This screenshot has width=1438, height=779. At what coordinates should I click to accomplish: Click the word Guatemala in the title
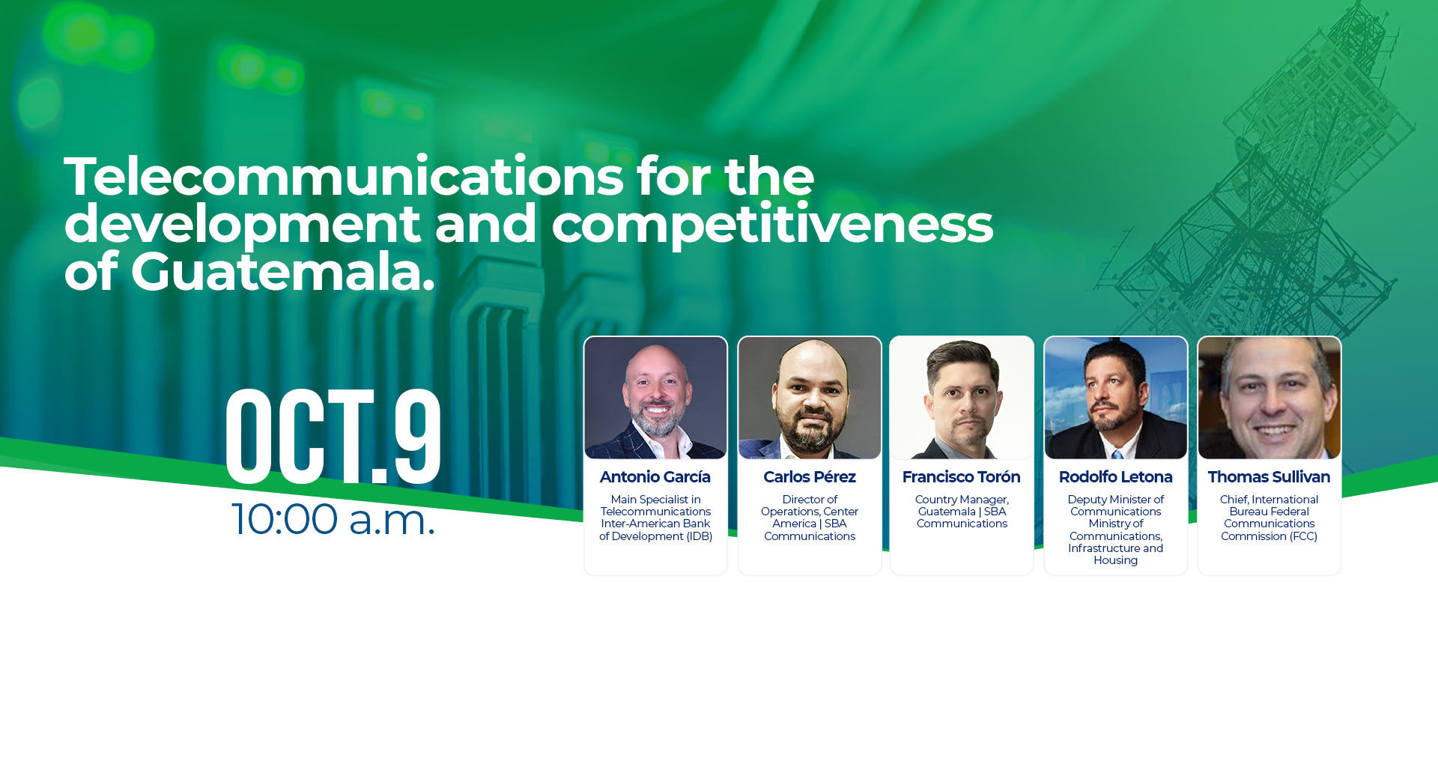[x=282, y=271]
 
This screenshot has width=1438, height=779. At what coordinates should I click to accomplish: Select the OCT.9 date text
[x=333, y=436]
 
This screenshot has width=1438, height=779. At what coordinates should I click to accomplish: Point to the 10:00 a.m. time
[x=333, y=518]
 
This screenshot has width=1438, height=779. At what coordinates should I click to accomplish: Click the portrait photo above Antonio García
[x=655, y=398]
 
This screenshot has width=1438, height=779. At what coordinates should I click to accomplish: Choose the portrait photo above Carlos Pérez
[x=810, y=398]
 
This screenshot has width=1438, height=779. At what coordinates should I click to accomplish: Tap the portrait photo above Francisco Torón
[x=962, y=398]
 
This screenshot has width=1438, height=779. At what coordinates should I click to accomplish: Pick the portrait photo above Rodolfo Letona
[x=1116, y=398]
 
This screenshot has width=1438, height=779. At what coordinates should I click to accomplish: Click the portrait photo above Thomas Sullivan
[x=1269, y=398]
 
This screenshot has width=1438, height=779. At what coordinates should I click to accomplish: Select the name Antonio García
[x=655, y=477]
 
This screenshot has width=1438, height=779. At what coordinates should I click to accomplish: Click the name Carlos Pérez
[x=810, y=477]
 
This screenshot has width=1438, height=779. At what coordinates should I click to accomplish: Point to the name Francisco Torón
[x=962, y=477]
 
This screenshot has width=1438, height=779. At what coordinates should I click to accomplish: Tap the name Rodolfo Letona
[x=1116, y=477]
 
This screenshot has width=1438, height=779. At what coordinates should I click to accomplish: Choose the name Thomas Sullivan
[x=1269, y=477]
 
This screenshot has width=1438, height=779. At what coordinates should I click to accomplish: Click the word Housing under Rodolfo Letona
[x=1116, y=560]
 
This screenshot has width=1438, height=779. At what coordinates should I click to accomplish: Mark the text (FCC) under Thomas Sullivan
[x=1303, y=536]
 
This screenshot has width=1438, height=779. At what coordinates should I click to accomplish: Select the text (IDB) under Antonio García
[x=700, y=536]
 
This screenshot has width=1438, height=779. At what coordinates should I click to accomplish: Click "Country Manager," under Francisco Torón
[x=962, y=500]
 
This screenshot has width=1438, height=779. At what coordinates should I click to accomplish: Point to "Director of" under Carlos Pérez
[x=810, y=500]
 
